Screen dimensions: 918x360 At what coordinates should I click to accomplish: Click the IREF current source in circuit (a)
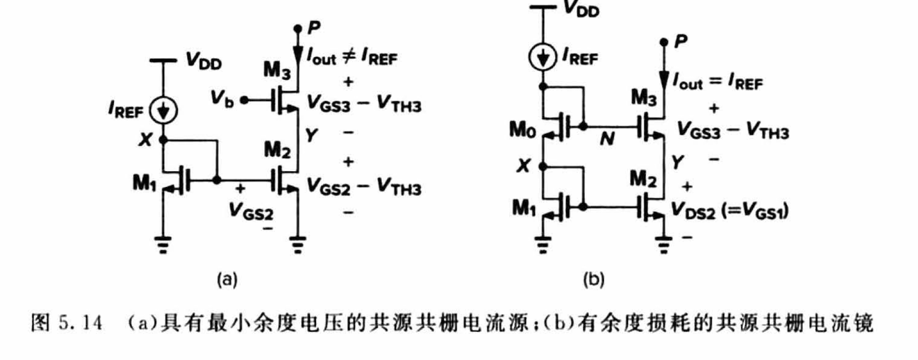click(163, 111)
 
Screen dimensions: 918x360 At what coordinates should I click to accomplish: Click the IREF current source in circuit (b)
click(543, 57)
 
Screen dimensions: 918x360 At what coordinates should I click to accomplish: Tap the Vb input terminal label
click(222, 99)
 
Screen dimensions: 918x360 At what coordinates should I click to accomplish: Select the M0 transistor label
click(522, 131)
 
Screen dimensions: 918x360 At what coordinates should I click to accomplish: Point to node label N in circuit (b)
click(607, 139)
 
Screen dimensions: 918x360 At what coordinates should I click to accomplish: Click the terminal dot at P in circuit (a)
click(298, 29)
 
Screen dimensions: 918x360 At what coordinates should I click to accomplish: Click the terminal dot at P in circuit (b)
click(664, 42)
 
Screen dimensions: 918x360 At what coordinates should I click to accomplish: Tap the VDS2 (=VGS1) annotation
click(730, 211)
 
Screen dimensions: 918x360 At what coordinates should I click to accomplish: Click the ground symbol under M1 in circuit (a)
click(163, 245)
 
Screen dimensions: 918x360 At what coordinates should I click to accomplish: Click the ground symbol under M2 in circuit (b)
click(664, 245)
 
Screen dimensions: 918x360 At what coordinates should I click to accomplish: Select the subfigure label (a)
click(227, 280)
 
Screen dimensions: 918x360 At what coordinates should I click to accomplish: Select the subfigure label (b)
click(594, 280)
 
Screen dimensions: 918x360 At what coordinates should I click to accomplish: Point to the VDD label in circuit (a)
click(204, 61)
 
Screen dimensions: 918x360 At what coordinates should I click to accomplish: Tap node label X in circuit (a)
click(145, 140)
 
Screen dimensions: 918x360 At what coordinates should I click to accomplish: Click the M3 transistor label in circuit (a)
click(277, 70)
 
